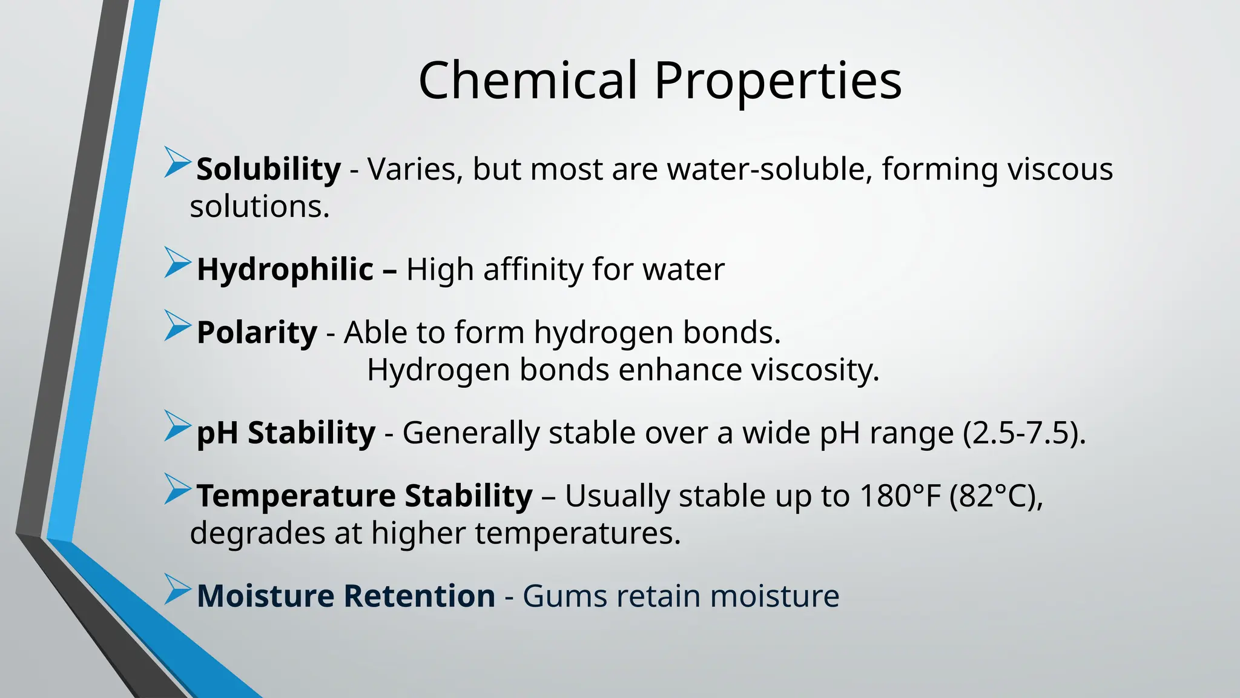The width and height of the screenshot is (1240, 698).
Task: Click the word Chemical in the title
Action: click(528, 81)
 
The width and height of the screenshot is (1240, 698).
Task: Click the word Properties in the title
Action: click(778, 81)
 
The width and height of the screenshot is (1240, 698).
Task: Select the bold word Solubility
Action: click(269, 169)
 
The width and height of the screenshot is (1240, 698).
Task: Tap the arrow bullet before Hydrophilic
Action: click(176, 264)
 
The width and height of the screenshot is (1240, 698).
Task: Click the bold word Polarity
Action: click(257, 333)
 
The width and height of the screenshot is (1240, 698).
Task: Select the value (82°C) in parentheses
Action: click(996, 496)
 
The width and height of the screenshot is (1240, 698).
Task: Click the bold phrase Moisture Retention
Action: click(346, 596)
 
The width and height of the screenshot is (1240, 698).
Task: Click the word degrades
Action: click(275, 534)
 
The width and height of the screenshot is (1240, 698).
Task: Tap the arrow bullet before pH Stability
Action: click(176, 426)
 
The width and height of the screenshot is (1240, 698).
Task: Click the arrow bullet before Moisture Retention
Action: click(176, 590)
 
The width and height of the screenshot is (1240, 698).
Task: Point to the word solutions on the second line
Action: click(259, 207)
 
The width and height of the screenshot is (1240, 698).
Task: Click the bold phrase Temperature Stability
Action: click(364, 496)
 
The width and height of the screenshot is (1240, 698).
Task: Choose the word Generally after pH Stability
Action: click(468, 433)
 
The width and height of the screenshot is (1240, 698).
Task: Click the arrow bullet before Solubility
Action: click(176, 162)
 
